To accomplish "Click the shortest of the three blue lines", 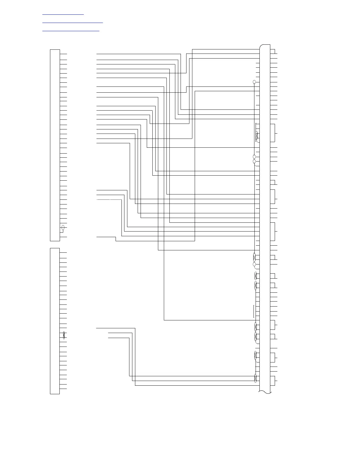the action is click(63, 14).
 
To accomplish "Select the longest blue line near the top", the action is click(73, 22).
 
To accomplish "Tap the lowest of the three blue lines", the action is click(71, 31).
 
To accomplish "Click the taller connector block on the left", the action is click(55, 145).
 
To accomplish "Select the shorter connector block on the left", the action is click(55, 321).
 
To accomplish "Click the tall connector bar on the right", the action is click(265, 218).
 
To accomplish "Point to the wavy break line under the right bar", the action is click(265, 392).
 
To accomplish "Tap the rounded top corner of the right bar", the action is click(261, 46).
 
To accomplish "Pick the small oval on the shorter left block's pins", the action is click(64, 335).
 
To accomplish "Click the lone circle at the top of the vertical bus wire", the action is click(254, 82).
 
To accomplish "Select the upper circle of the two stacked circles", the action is click(254, 157).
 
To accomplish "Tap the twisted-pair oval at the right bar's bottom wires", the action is click(256, 378).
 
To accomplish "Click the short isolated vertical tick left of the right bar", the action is click(254, 311).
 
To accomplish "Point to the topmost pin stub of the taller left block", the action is click(64, 54).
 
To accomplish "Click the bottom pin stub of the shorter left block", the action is click(63, 389).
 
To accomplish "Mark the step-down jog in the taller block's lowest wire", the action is click(116, 239).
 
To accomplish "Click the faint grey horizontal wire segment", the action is click(109, 199).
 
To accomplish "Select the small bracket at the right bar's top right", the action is click(274, 51).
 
